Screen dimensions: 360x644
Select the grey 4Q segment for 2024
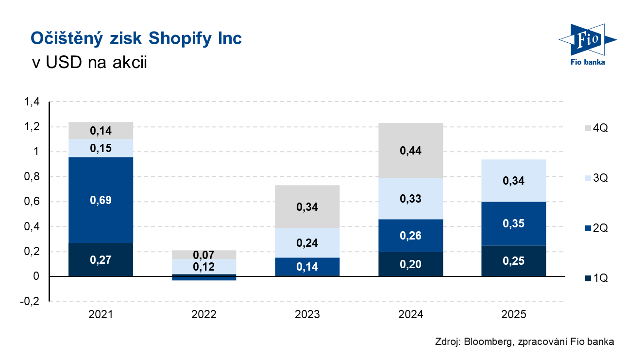click(x=410, y=150)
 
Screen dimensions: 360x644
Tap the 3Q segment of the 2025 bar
click(x=514, y=181)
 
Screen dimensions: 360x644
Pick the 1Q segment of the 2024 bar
click(x=410, y=264)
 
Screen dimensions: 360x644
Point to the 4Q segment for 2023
click(x=307, y=206)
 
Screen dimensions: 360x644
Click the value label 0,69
click(x=101, y=200)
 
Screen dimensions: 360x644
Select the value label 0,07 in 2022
click(x=204, y=255)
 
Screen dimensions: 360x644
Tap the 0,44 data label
click(x=410, y=151)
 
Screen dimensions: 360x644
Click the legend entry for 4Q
click(x=596, y=129)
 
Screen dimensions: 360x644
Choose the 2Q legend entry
click(x=596, y=228)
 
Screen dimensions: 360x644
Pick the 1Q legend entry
click(x=596, y=278)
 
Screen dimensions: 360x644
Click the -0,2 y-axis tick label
click(x=31, y=301)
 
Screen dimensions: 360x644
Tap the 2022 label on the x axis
click(x=204, y=314)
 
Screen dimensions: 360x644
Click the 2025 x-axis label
click(x=514, y=314)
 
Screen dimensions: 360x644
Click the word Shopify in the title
click(x=177, y=38)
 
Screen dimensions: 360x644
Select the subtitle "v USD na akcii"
click(x=88, y=63)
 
